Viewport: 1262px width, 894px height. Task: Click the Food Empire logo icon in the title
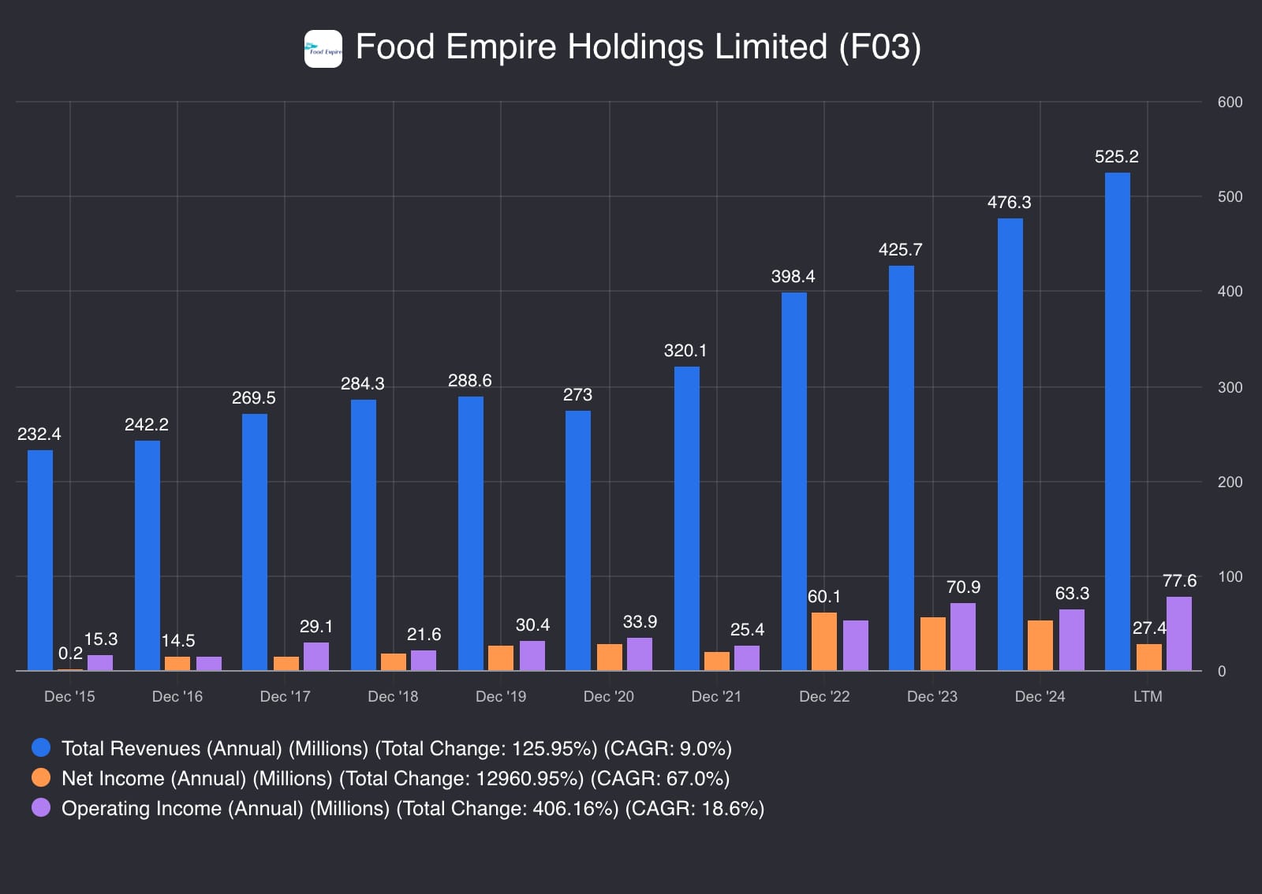click(323, 49)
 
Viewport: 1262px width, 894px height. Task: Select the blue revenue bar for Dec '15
click(40, 560)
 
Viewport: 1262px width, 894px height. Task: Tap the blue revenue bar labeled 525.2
click(1117, 422)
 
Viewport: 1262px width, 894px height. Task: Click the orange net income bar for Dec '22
click(824, 642)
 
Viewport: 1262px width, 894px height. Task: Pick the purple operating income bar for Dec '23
click(963, 637)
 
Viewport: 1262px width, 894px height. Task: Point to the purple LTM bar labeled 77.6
click(1179, 634)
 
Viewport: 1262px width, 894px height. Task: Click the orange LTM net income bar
click(1149, 657)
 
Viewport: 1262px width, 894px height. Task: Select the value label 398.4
click(793, 277)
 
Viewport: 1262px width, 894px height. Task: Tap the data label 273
click(577, 395)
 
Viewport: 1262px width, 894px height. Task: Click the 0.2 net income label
click(70, 654)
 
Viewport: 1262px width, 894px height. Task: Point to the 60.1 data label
click(824, 597)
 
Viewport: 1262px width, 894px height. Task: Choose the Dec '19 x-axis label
click(501, 697)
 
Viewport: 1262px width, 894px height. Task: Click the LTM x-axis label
click(1148, 697)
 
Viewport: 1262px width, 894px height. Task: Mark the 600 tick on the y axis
click(1230, 102)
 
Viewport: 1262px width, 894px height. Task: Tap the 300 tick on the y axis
click(1230, 387)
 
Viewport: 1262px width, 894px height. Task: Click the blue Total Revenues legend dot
click(41, 747)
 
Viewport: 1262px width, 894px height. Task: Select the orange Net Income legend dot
click(41, 777)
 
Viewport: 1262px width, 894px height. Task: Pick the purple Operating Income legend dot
click(41, 807)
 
